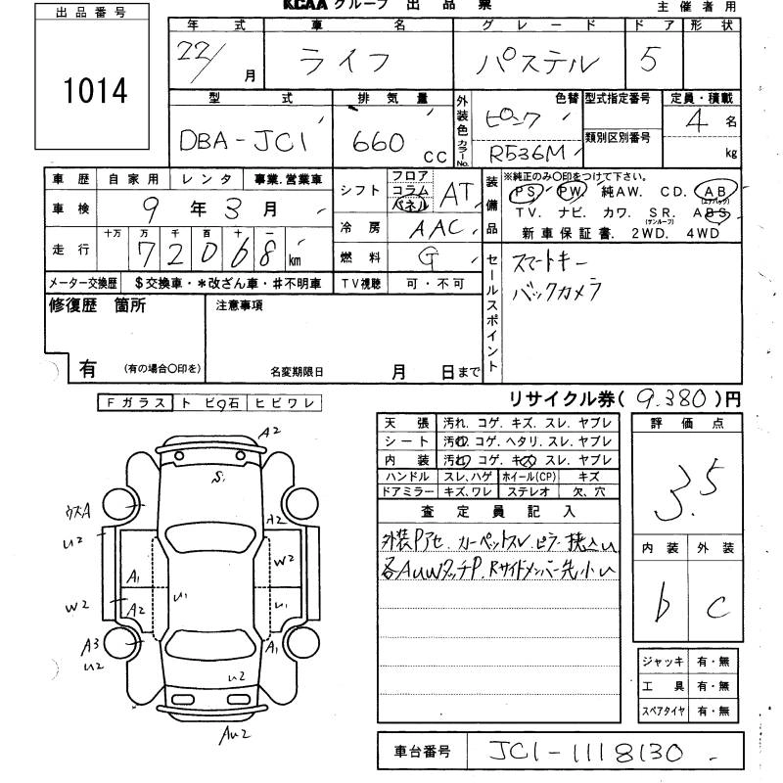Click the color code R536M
pos(529,153)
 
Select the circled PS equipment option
pos(527,191)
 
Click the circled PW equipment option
pos(570,191)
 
